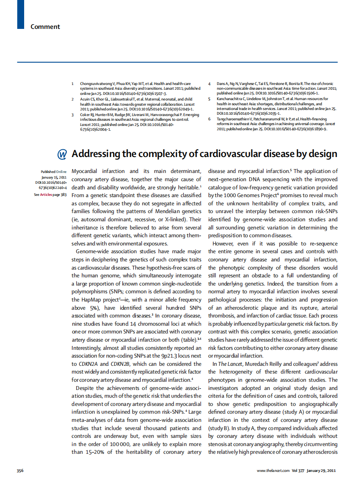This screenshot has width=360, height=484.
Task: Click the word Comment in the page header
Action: (x=45, y=27)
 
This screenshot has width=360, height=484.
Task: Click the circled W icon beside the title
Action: (x=62, y=154)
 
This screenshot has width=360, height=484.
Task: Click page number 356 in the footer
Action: (x=20, y=470)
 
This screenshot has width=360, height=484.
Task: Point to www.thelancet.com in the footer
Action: (x=273, y=470)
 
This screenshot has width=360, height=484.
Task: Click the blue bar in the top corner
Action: (x=20, y=14)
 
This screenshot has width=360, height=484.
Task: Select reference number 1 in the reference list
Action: (x=72, y=83)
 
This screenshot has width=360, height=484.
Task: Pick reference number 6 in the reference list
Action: (x=209, y=119)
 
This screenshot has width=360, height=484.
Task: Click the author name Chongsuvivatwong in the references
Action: (x=97, y=83)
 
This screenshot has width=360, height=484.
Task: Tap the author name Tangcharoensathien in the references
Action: (x=235, y=119)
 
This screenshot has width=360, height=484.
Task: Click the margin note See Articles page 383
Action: (x=50, y=195)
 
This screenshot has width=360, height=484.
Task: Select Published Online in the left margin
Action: (x=53, y=172)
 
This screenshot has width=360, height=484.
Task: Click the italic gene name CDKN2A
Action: (x=88, y=364)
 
